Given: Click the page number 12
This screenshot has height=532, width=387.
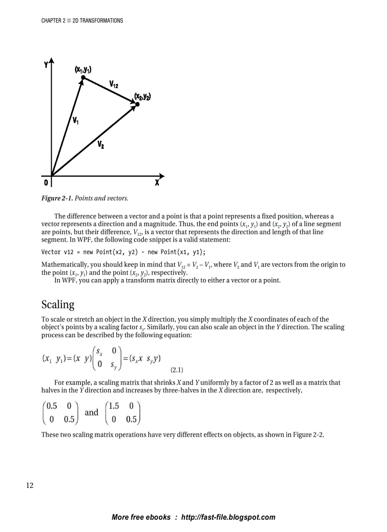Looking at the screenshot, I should click(x=29, y=485).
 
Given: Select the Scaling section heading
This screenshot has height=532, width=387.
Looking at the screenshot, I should click(x=58, y=304).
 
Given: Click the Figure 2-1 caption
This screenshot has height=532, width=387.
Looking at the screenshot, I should click(x=85, y=198).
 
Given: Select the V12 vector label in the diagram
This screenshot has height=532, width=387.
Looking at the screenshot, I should click(x=114, y=84).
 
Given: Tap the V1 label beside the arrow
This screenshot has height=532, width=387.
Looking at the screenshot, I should click(x=75, y=120).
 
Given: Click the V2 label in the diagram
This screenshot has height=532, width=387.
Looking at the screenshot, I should click(x=101, y=144).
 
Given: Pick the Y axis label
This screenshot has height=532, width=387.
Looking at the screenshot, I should click(x=46, y=65).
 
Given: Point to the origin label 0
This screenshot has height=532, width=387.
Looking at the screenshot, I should click(x=46, y=182).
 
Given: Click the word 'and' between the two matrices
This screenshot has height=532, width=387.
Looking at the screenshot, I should click(x=92, y=412).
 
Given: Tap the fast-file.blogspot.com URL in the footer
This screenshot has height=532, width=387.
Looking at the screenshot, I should click(x=228, y=517).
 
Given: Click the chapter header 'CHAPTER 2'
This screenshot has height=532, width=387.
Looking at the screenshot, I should click(x=53, y=21).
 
